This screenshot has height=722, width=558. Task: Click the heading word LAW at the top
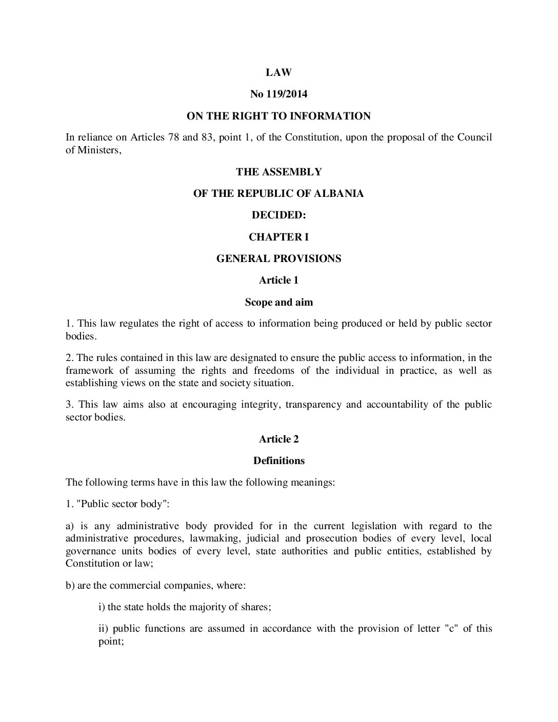coord(278,73)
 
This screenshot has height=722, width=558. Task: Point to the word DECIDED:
coord(278,215)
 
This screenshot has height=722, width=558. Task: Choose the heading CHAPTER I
coord(278,237)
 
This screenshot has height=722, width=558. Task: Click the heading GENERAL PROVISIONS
coord(278,258)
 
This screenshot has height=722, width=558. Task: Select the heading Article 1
coord(278,280)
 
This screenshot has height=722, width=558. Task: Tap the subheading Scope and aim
coord(278,302)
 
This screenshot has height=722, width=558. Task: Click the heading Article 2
coord(278,439)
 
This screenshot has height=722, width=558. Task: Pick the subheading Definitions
coord(278,460)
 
